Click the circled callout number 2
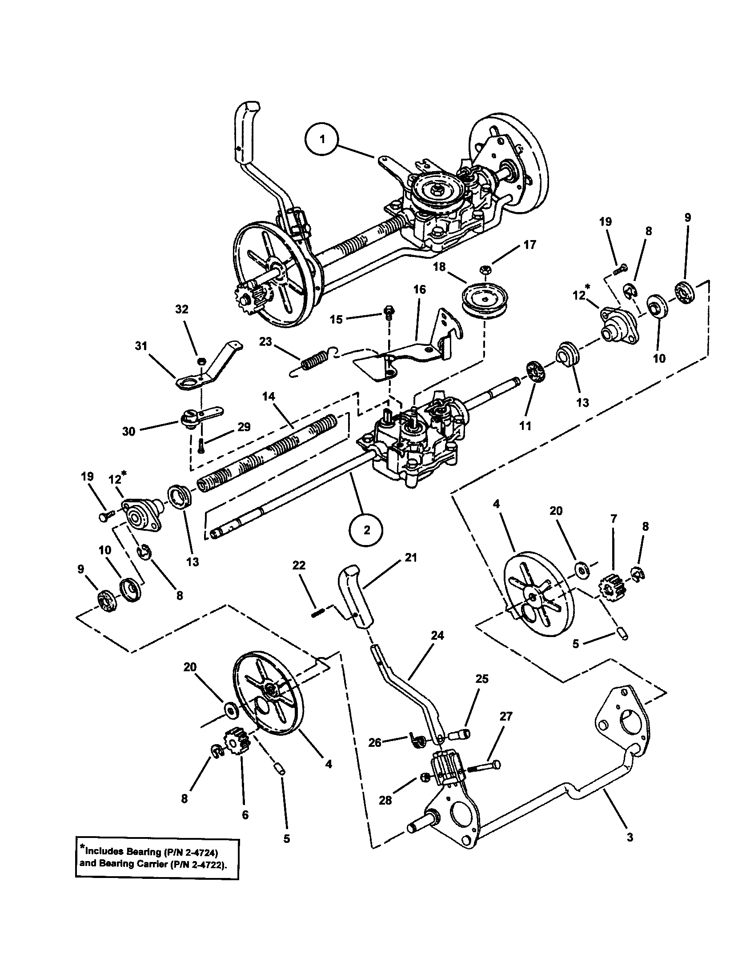(367, 530)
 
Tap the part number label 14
(269, 397)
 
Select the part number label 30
(128, 431)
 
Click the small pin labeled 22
(317, 614)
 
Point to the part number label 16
(420, 289)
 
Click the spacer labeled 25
(461, 733)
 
